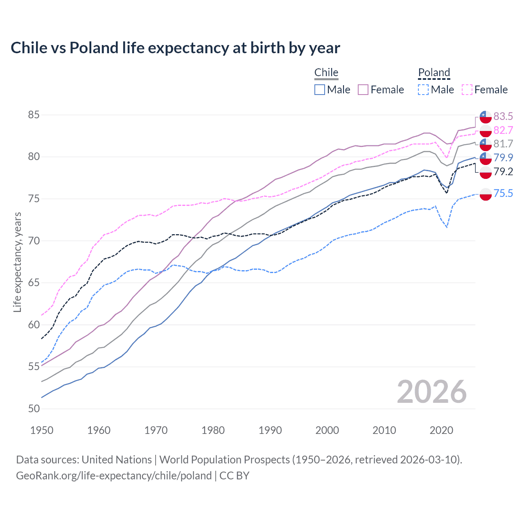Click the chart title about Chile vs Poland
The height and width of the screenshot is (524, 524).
click(175, 48)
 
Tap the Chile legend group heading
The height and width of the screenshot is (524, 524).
click(326, 72)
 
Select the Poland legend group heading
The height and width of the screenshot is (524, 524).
click(434, 72)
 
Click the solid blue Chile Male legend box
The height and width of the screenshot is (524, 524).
click(320, 90)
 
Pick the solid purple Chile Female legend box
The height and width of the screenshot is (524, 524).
click(363, 90)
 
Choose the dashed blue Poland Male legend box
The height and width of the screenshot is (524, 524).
click(423, 90)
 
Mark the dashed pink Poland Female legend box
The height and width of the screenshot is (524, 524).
click(467, 90)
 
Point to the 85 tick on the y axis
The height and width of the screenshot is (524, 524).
click(34, 115)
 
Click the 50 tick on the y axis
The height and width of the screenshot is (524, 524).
click(34, 409)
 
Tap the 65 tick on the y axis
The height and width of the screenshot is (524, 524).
click(34, 283)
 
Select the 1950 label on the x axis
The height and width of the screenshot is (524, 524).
click(42, 430)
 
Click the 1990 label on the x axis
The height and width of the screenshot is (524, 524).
click(270, 430)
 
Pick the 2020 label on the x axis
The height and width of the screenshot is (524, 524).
click(441, 430)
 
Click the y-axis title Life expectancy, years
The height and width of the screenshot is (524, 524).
click(17, 262)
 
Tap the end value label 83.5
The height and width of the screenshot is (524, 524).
click(503, 116)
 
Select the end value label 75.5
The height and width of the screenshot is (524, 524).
click(503, 193)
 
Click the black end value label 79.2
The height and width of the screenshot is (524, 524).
click(503, 172)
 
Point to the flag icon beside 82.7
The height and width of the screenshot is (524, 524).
click(486, 131)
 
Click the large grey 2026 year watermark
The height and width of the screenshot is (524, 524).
click(431, 392)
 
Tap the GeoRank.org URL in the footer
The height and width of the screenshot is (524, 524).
click(114, 476)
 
